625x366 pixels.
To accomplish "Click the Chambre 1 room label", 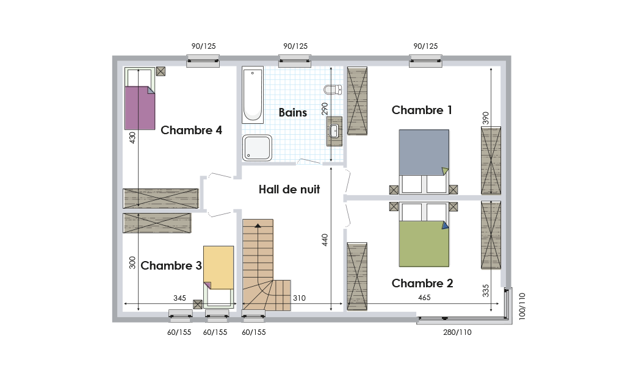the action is click(x=422, y=110).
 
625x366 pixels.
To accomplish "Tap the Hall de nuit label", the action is click(x=289, y=189).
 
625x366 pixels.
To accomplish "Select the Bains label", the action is click(x=292, y=113).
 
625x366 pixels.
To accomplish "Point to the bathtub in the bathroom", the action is click(x=253, y=95).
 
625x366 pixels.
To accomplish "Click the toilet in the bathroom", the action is click(x=333, y=89).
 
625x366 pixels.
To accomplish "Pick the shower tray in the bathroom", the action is click(x=257, y=148).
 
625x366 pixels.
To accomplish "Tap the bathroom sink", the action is click(x=334, y=131).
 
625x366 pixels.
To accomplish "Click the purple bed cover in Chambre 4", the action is click(x=140, y=108).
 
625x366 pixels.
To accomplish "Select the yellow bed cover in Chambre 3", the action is click(x=219, y=268).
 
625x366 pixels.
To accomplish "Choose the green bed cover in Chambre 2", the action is click(x=424, y=244).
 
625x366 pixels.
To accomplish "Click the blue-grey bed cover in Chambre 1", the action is click(x=424, y=152).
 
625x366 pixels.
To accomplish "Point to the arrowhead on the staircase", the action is click(x=258, y=226).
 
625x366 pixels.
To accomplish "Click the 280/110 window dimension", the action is click(x=457, y=332).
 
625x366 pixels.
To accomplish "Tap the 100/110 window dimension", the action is click(x=522, y=306).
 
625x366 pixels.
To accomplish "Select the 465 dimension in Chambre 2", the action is click(x=424, y=298).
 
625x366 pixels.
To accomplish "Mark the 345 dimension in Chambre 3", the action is click(x=180, y=298).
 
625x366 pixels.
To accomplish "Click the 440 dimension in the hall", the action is click(x=325, y=240).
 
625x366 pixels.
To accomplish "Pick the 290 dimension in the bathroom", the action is click(x=325, y=109).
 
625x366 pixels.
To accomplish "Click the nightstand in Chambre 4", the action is click(x=161, y=71).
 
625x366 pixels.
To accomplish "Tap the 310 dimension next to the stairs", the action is click(x=299, y=298).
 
